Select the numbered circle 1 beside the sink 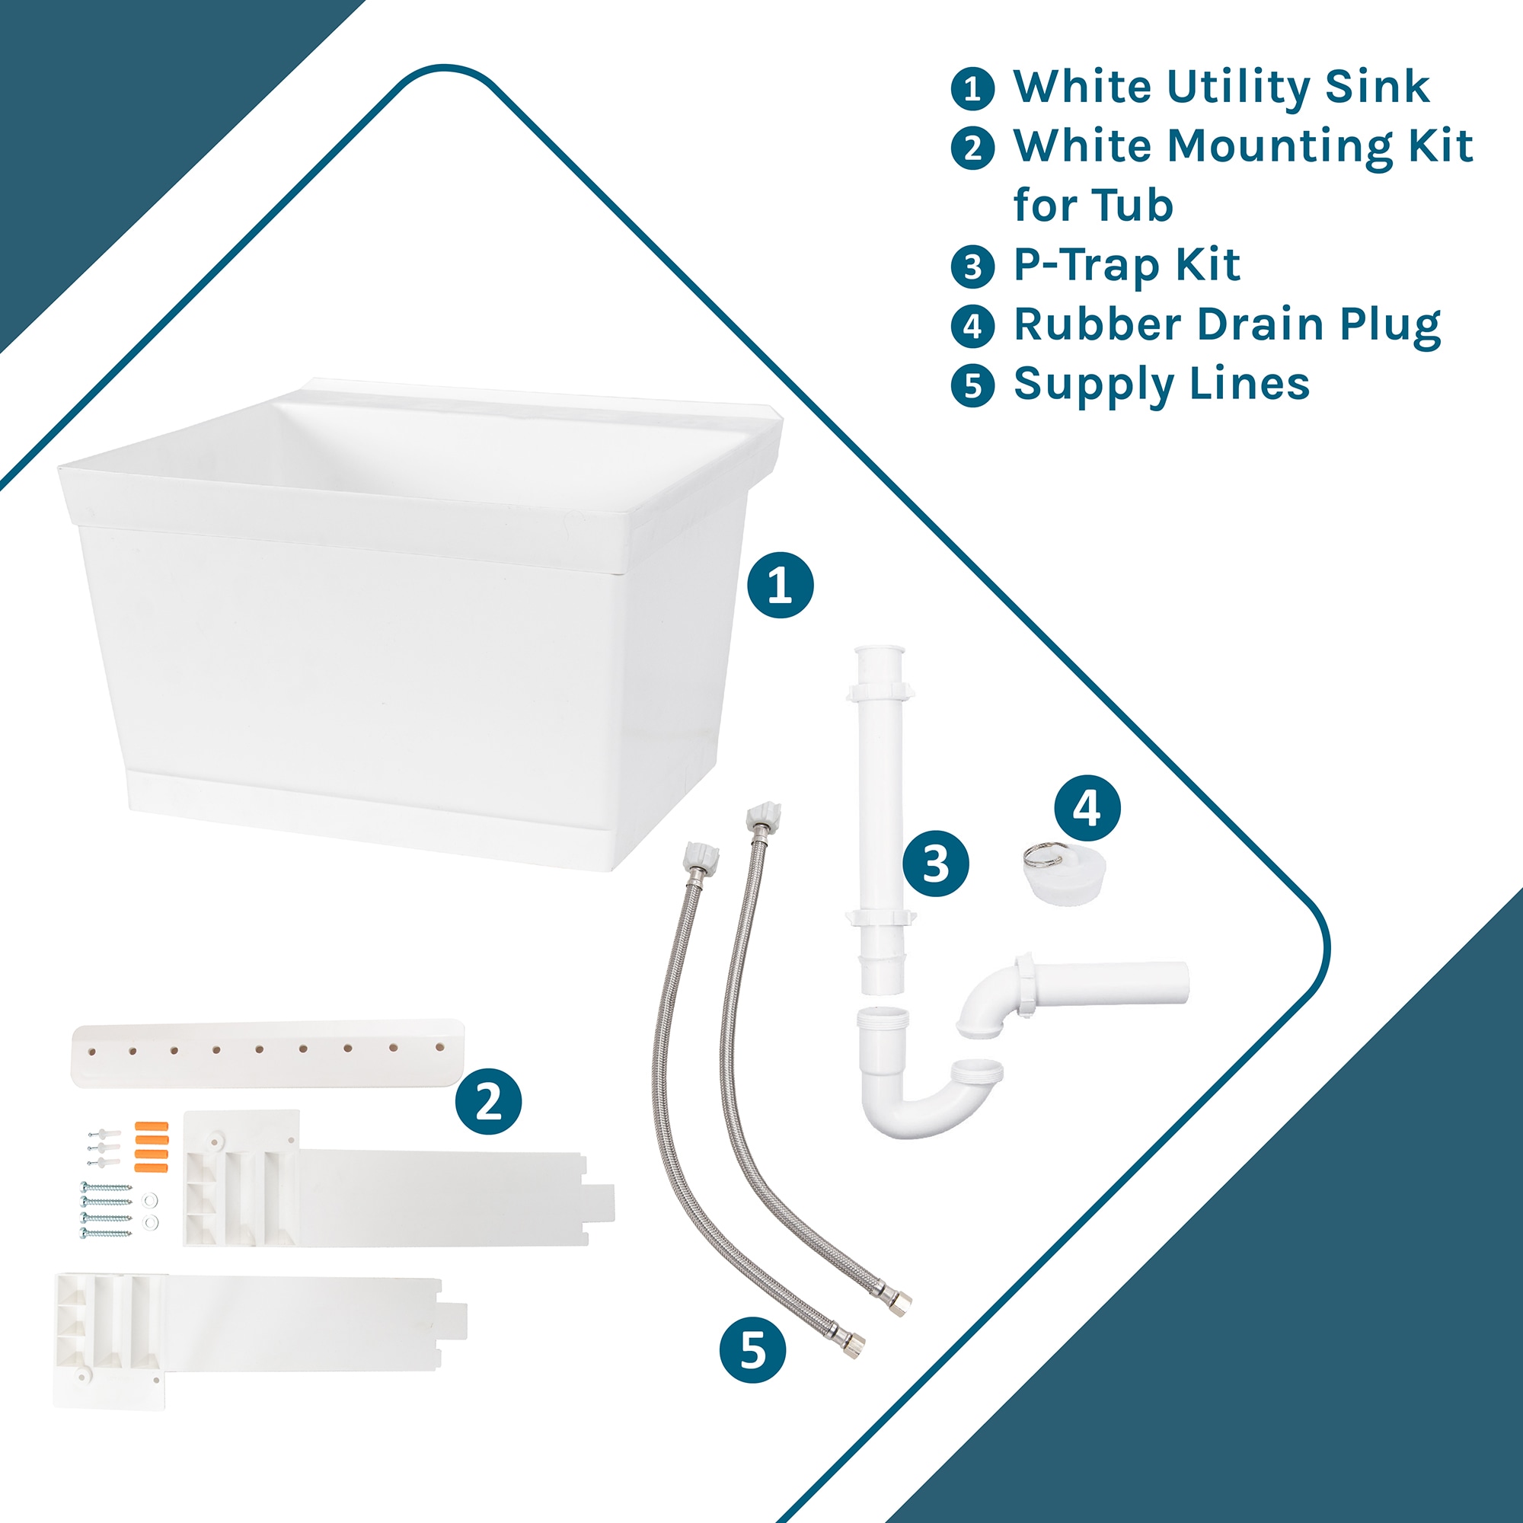pos(781,585)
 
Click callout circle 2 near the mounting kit pos(488,1101)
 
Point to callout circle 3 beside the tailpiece pos(936,864)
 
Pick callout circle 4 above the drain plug pos(1087,808)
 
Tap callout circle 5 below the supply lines pos(753,1349)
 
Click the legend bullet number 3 pos(972,267)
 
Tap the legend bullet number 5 pos(972,385)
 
